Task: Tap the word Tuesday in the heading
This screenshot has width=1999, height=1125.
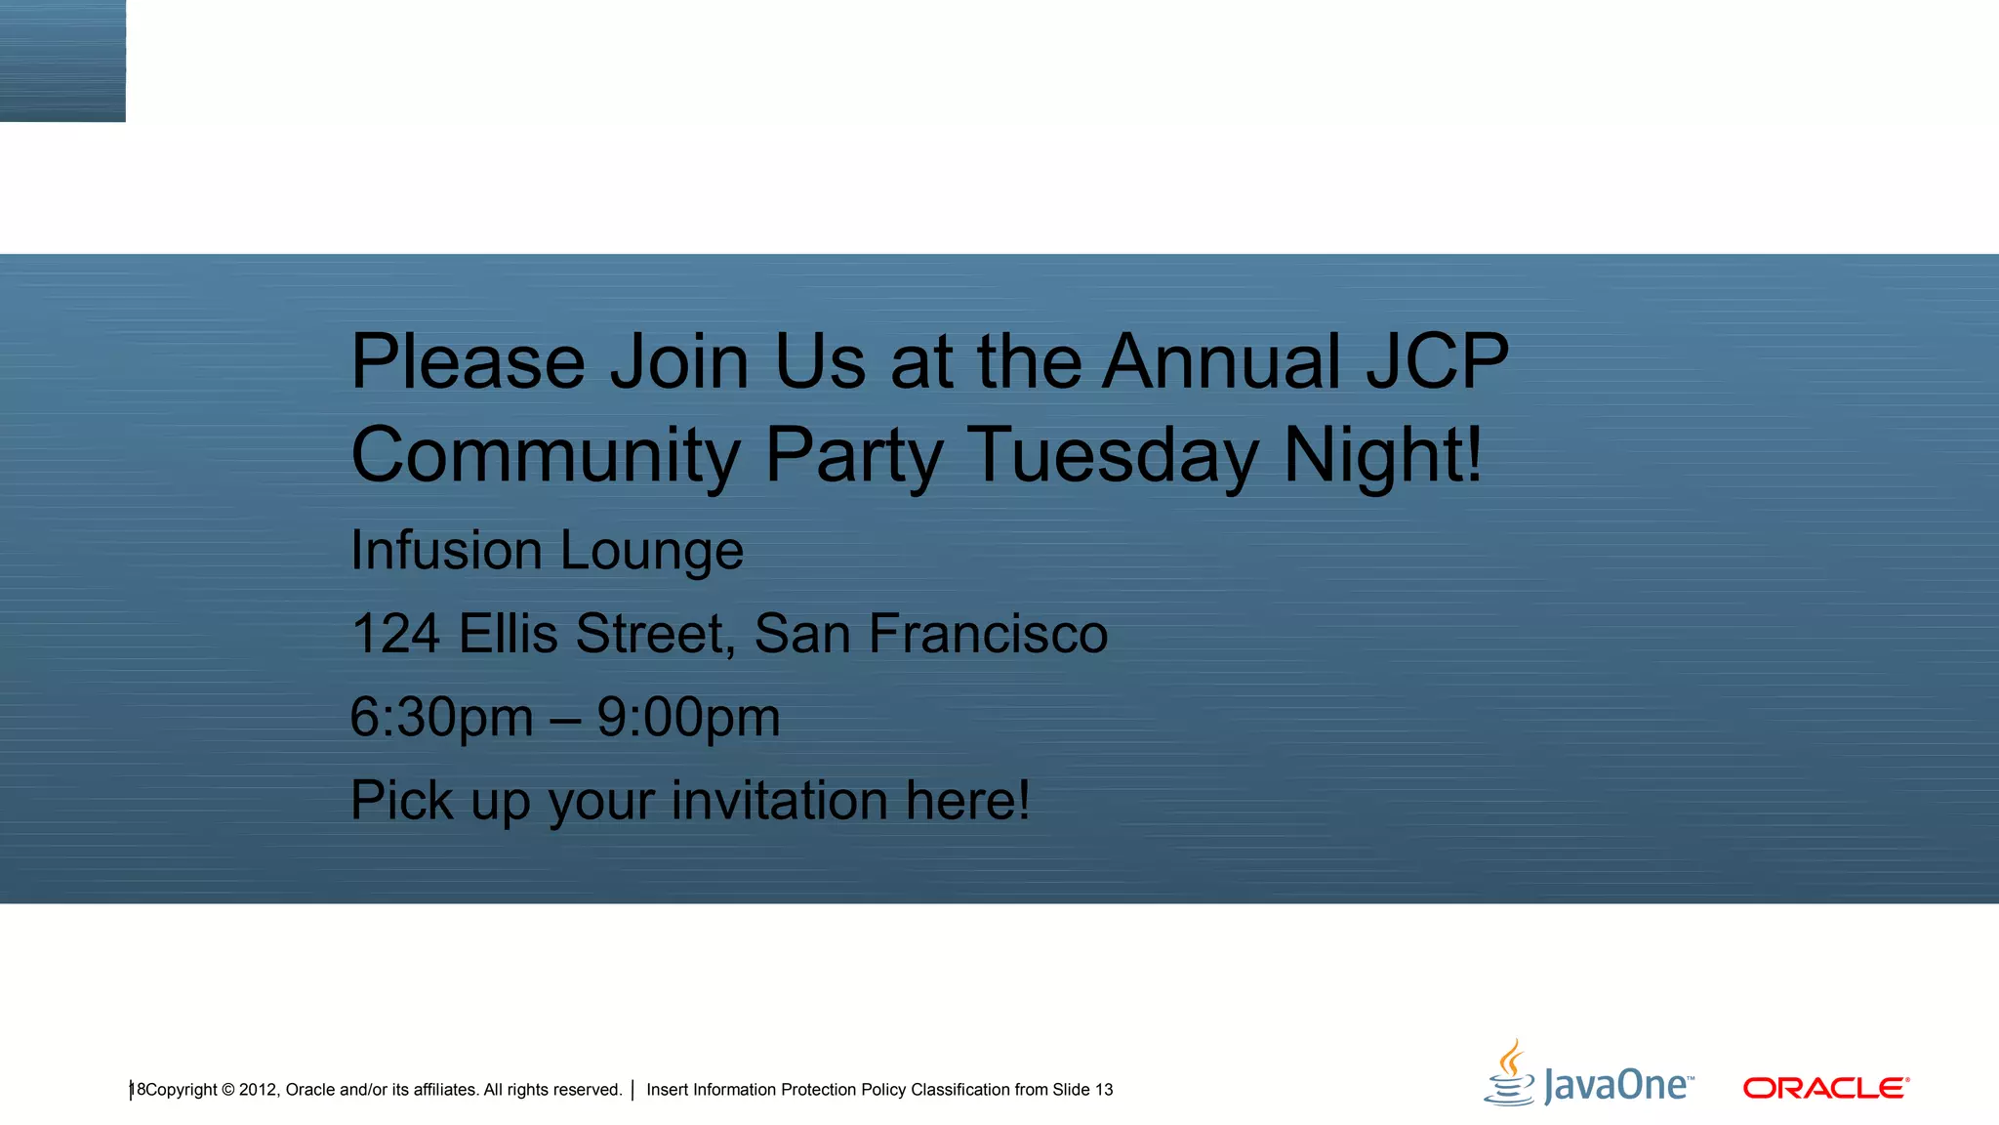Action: pyautogui.click(x=1112, y=455)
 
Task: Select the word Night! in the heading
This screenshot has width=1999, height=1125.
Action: pyautogui.click(x=1382, y=455)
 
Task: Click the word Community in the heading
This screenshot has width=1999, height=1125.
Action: pyautogui.click(x=546, y=455)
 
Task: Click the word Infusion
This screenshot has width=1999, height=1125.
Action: pyautogui.click(x=446, y=550)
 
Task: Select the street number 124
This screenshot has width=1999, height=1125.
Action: pyautogui.click(x=395, y=634)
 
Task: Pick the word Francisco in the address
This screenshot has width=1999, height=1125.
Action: pyautogui.click(x=988, y=634)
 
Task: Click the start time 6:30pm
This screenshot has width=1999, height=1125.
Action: pyautogui.click(x=441, y=719)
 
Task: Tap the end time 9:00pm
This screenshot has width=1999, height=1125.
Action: pyautogui.click(x=688, y=719)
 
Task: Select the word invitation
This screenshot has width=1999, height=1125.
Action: pyautogui.click(x=778, y=801)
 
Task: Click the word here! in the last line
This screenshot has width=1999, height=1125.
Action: pyautogui.click(x=967, y=801)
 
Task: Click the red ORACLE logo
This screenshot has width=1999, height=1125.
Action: pyautogui.click(x=1826, y=1088)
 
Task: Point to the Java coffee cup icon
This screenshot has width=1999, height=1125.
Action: pyautogui.click(x=1510, y=1073)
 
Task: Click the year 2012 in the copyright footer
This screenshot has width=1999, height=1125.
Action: pyautogui.click(x=259, y=1090)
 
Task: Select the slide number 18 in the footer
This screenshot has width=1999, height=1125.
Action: pyautogui.click(x=138, y=1090)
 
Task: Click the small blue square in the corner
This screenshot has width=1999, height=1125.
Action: pyautogui.click(x=62, y=61)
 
